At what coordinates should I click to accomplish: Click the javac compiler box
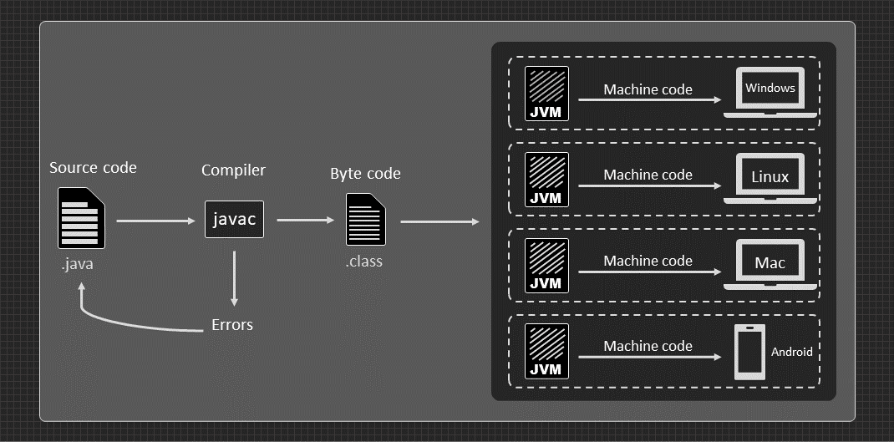(234, 219)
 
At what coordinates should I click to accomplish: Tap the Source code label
(93, 168)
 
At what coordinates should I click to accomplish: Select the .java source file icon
(81, 218)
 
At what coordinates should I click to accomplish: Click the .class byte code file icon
(366, 219)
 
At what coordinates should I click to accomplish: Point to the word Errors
(231, 324)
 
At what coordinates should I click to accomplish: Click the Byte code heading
(365, 174)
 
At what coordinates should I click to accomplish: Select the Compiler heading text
(233, 170)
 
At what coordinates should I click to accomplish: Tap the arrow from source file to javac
(155, 221)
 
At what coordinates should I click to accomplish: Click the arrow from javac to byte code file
(305, 221)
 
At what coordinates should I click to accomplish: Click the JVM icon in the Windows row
(546, 94)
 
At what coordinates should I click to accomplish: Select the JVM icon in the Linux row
(546, 179)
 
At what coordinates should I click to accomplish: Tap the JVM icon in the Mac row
(546, 265)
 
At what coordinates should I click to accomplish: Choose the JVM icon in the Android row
(546, 351)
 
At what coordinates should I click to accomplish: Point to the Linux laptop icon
(770, 178)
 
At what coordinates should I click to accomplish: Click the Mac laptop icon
(770, 264)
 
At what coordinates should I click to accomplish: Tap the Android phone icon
(749, 353)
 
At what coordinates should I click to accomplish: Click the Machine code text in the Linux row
(648, 175)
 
